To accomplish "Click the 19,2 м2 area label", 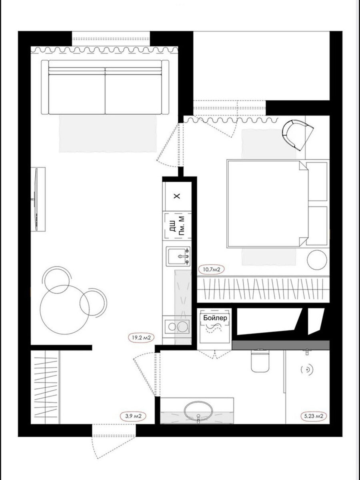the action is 141,338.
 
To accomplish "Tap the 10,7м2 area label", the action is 211,270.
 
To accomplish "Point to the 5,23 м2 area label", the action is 314,416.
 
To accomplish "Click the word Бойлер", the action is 215,318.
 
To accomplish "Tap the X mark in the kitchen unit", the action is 177,196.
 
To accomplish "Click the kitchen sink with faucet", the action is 178,256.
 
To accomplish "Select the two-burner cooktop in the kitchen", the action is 177,327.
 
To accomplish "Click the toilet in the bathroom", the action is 260,360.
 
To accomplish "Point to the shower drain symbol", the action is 307,370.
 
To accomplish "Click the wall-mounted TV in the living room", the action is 36,199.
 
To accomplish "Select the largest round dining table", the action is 65,310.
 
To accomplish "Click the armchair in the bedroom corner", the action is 298,135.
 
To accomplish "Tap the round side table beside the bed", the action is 317,260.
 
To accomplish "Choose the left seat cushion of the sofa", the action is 77,94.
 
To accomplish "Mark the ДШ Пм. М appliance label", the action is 178,226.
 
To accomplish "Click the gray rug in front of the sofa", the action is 108,134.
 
